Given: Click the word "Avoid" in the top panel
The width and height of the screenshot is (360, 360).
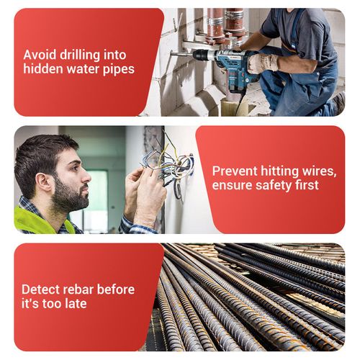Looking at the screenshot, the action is tap(40, 55).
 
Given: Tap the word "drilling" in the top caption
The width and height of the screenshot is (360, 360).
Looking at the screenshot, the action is tap(80, 55).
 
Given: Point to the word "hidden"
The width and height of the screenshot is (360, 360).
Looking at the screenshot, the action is tap(43, 68).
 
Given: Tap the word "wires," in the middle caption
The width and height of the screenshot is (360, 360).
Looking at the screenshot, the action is tap(320, 172).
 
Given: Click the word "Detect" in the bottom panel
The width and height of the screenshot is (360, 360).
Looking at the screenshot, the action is tap(40, 289).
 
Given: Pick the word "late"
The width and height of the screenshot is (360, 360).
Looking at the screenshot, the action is tap(76, 303).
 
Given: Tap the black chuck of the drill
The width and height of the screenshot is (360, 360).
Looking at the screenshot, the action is tap(200, 55).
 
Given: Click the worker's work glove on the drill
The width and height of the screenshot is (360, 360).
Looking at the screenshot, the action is tap(262, 63).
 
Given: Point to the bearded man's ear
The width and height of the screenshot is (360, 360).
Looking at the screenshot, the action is tap(44, 181).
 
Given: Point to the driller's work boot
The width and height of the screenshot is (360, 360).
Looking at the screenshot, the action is tap(338, 102).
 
